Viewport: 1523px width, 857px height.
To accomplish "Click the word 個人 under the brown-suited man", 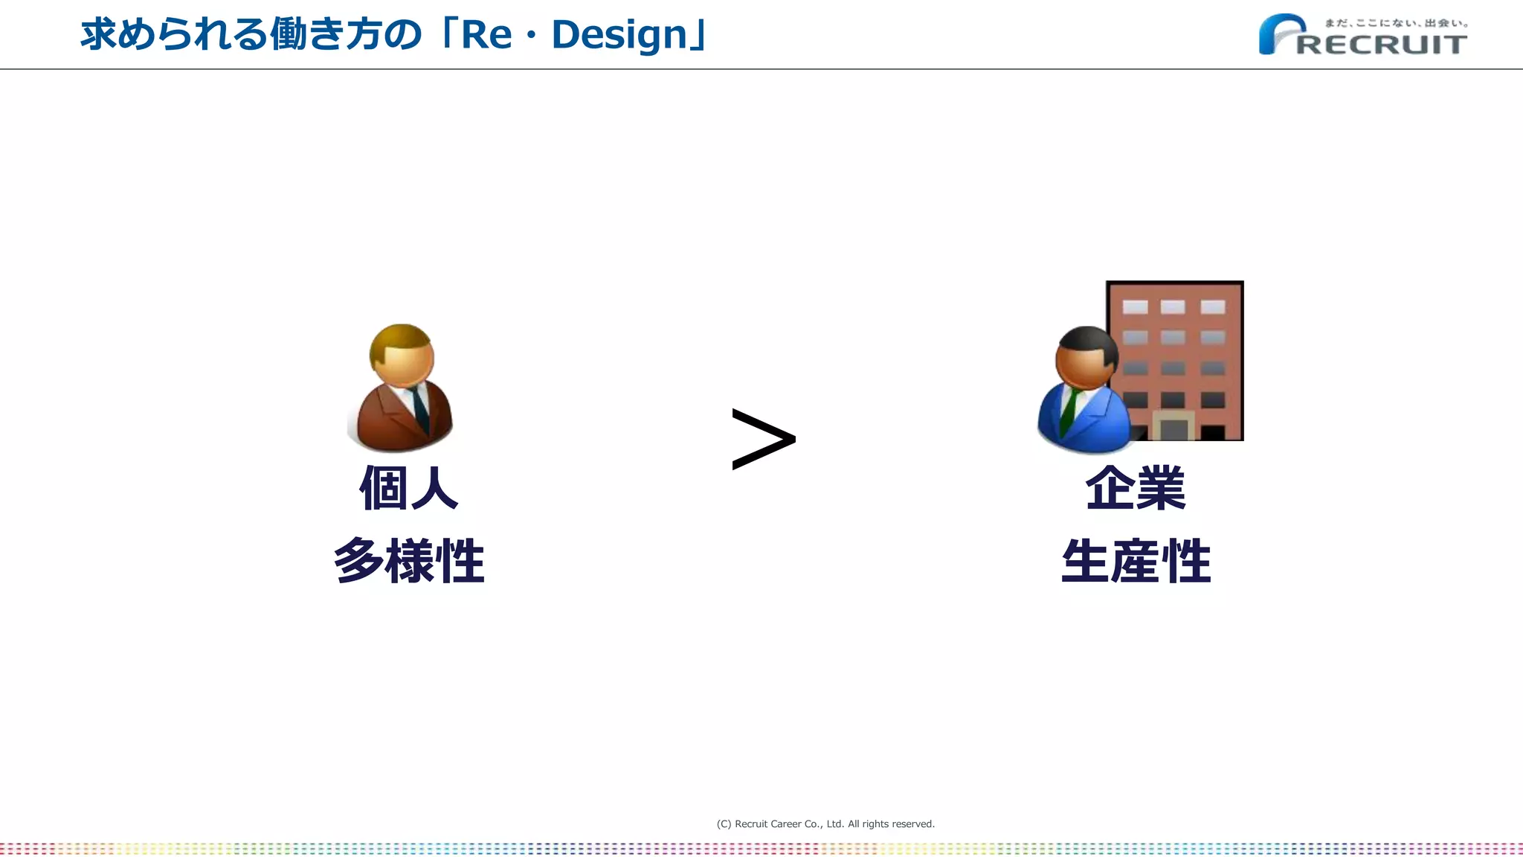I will tap(408, 488).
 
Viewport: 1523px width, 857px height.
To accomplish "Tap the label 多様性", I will tap(409, 560).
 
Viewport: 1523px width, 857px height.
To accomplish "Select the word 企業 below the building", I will tap(1136, 488).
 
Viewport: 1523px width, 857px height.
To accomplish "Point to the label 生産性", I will tap(1136, 560).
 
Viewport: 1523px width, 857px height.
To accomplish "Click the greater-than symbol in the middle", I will tap(764, 439).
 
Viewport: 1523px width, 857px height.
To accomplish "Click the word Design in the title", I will tap(619, 35).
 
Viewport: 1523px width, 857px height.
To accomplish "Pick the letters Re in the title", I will tap(486, 35).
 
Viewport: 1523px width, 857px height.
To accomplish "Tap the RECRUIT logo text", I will tap(1382, 45).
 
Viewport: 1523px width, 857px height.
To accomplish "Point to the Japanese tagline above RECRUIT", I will tap(1396, 23).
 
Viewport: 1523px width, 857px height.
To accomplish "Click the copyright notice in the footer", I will tap(825, 824).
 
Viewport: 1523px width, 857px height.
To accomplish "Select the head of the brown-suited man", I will tap(402, 354).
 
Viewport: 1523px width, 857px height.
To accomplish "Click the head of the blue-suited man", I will tap(1086, 357).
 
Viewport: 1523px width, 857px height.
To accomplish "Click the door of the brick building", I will tap(1174, 428).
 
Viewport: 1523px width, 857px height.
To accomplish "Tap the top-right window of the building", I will tap(1212, 306).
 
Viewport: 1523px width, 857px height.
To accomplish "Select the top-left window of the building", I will tap(1135, 306).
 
